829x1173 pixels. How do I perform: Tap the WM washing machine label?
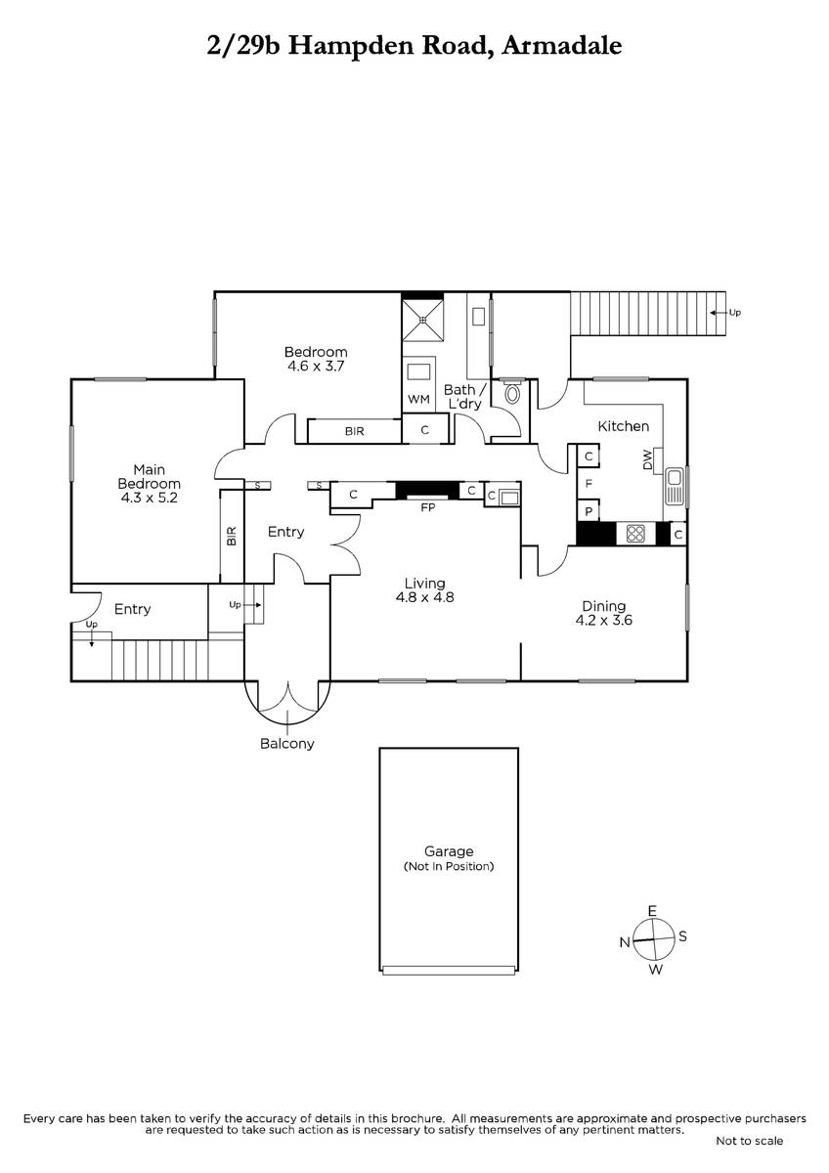(x=419, y=399)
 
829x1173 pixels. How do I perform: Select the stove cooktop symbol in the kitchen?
(x=635, y=534)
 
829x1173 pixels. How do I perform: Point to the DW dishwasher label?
(x=648, y=460)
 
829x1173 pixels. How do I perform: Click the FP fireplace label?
(x=426, y=508)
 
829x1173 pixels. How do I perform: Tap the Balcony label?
(x=287, y=743)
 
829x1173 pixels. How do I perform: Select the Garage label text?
(x=448, y=851)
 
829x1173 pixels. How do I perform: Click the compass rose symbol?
(x=653, y=939)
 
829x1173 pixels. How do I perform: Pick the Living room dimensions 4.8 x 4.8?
(x=425, y=597)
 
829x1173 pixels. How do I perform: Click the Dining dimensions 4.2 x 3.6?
(x=602, y=619)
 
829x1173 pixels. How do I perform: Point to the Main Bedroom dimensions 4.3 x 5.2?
(x=149, y=497)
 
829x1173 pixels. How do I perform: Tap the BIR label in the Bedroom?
(x=354, y=431)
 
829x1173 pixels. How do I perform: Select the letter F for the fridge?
(x=589, y=483)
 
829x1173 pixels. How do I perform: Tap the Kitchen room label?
(x=623, y=426)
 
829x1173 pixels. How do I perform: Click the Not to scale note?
(x=749, y=1141)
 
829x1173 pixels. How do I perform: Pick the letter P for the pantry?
(x=589, y=510)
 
